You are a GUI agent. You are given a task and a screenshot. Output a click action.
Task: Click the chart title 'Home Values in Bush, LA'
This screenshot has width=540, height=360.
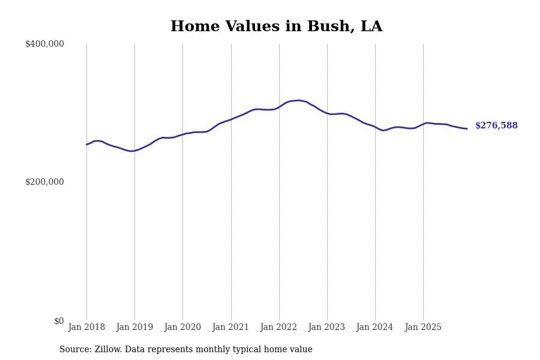click(276, 27)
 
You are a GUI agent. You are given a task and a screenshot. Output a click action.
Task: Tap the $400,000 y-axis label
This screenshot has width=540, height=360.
click(44, 44)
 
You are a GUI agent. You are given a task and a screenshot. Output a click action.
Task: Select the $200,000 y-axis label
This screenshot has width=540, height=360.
click(44, 182)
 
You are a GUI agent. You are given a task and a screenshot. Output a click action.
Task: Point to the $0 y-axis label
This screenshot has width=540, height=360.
click(58, 321)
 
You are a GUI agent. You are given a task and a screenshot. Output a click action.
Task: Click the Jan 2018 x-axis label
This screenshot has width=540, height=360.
click(86, 328)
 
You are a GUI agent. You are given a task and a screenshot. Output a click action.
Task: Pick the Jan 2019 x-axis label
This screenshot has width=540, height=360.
click(134, 328)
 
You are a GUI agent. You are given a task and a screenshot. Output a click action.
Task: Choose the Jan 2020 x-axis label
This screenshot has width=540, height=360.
click(182, 328)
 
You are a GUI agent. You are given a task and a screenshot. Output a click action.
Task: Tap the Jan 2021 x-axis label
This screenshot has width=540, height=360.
click(230, 328)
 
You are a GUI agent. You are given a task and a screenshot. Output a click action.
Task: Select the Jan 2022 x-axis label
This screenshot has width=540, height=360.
click(278, 328)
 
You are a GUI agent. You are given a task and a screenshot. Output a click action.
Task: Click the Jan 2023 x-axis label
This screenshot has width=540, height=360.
click(326, 328)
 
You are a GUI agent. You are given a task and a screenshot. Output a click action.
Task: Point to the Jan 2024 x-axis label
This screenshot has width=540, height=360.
click(374, 328)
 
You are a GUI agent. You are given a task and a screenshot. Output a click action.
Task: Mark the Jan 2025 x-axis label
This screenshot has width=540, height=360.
click(423, 328)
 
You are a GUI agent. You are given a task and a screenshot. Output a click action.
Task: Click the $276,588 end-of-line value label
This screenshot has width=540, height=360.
click(496, 126)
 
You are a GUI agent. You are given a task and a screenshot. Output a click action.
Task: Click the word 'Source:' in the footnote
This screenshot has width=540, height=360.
click(76, 350)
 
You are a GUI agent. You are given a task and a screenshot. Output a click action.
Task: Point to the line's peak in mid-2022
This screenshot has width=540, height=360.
click(298, 100)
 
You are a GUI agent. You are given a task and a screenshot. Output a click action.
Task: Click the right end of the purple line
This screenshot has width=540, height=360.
click(467, 128)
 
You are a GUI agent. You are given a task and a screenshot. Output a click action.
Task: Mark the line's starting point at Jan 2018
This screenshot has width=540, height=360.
click(86, 145)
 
